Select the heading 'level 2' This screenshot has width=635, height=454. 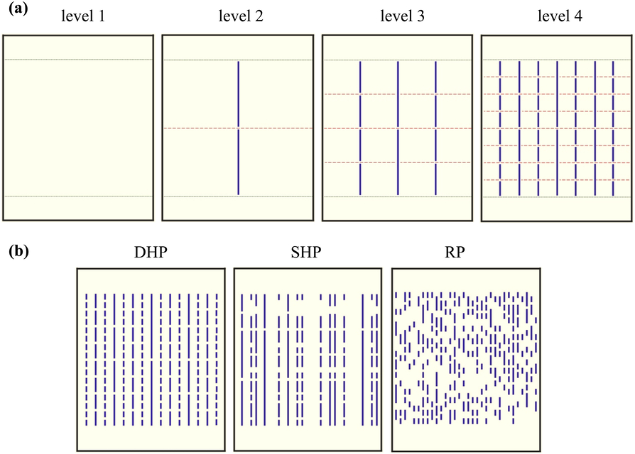pos(241,16)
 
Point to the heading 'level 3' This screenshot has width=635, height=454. pos(399,16)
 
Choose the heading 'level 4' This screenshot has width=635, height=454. pos(559,16)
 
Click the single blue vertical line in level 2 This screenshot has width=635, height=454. pos(239,99)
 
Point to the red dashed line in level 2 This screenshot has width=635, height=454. pos(199,128)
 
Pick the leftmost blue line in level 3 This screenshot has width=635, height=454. pos(361,113)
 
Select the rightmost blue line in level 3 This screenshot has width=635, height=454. pos(435,113)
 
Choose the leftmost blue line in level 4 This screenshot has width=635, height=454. pos(501,121)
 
